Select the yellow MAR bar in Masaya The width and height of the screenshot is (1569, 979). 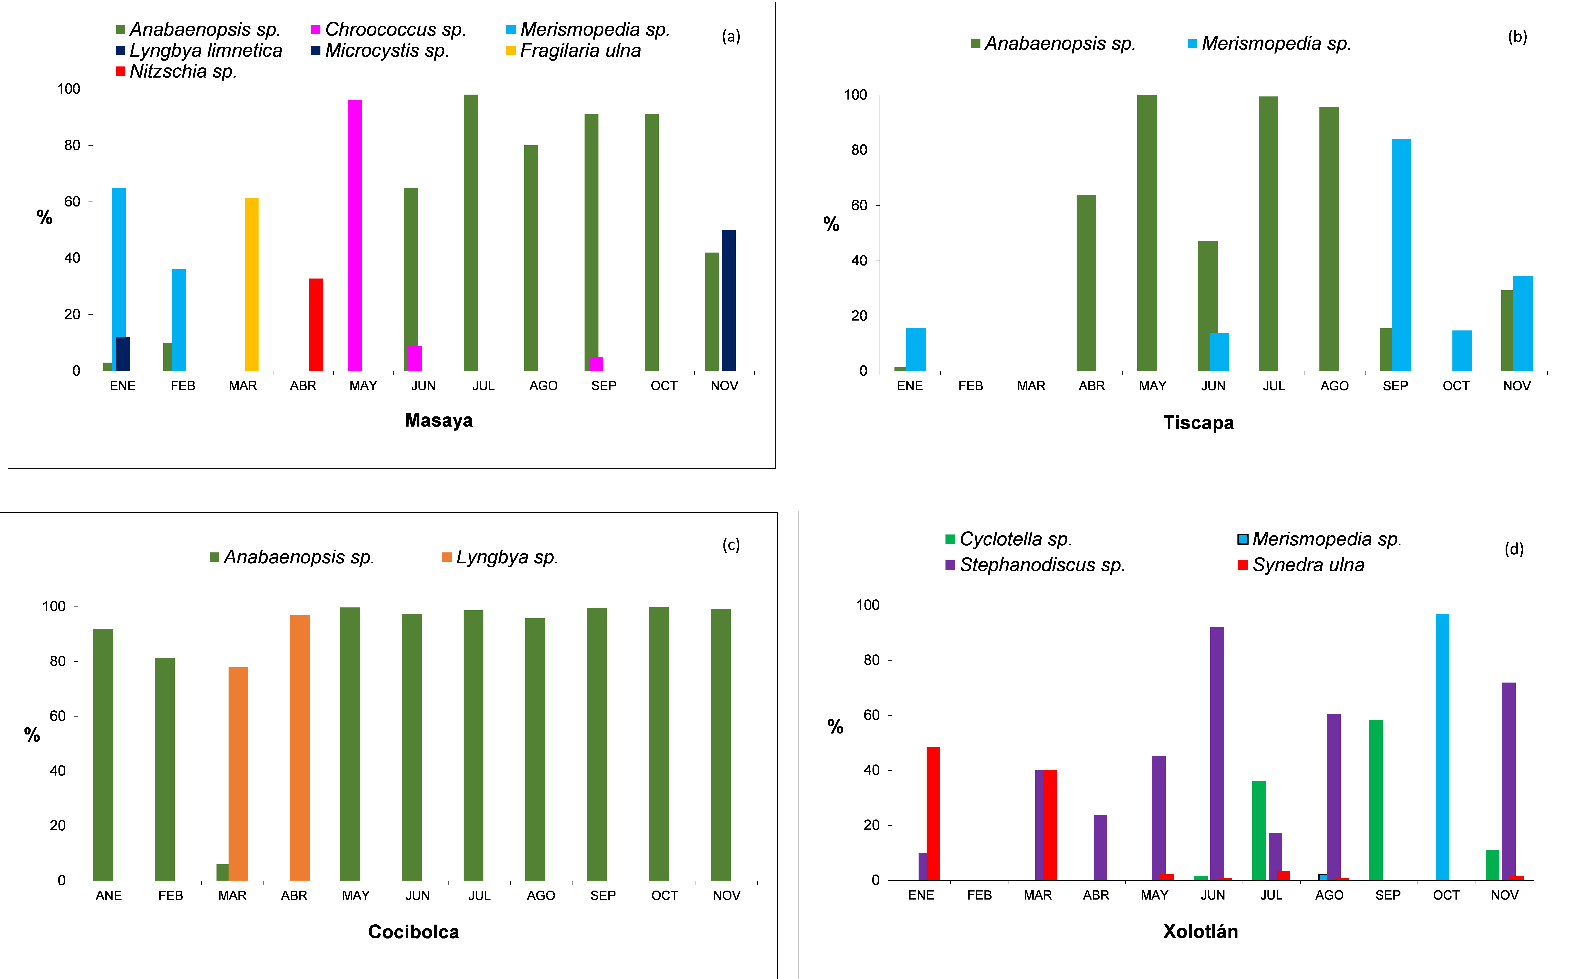tap(251, 285)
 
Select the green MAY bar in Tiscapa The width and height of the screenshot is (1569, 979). tap(1147, 233)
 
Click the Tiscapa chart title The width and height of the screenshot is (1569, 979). tap(1198, 423)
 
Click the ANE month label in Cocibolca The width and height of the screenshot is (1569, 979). tap(109, 896)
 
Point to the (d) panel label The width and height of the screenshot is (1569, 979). tap(1513, 549)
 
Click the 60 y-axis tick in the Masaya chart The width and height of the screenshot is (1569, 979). tap(72, 201)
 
